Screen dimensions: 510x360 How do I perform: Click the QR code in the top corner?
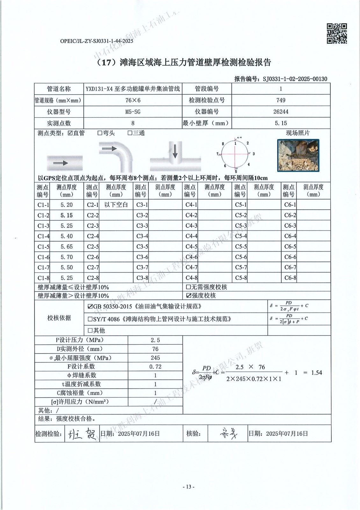pyautogui.click(x=337, y=33)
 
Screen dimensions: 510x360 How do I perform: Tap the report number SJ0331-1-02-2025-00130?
pyautogui.click(x=295, y=79)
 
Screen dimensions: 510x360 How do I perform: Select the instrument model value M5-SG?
pyautogui.click(x=133, y=112)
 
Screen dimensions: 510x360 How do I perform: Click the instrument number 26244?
pyautogui.click(x=281, y=112)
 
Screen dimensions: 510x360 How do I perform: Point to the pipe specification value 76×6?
pyautogui.click(x=133, y=100)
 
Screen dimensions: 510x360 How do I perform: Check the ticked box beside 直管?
pyautogui.click(x=70, y=133)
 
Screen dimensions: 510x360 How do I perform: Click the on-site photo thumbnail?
pyautogui.click(x=298, y=155)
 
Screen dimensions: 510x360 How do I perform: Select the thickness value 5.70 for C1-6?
pyautogui.click(x=67, y=257)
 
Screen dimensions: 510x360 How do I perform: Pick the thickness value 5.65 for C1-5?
pyautogui.click(x=67, y=246)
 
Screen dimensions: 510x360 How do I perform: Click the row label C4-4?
pyautogui.click(x=191, y=236)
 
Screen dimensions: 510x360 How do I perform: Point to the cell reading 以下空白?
pyautogui.click(x=116, y=205)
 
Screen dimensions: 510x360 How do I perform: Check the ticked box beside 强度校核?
pyautogui.click(x=188, y=295)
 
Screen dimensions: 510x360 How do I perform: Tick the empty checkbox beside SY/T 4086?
pyautogui.click(x=90, y=319)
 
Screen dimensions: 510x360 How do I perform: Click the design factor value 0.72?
pyautogui.click(x=155, y=367)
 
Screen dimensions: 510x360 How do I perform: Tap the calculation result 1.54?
pyautogui.click(x=316, y=372)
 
